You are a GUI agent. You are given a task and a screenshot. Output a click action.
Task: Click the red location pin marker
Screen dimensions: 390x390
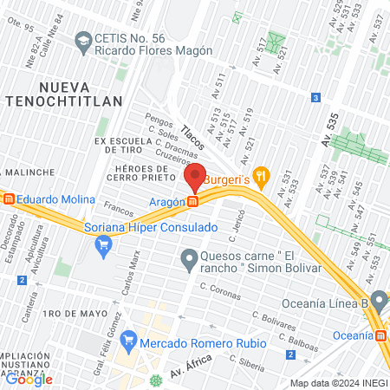pyautogui.click(x=196, y=176)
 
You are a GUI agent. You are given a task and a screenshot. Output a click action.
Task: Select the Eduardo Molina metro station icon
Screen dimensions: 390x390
pyautogui.click(x=9, y=198)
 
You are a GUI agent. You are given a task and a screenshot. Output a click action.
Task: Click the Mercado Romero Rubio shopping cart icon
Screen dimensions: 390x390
pyautogui.click(x=130, y=337)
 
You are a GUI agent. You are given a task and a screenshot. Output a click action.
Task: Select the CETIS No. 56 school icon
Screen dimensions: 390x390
pyautogui.click(x=82, y=40)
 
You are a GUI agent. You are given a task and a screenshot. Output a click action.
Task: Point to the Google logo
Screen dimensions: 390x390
pyautogui.click(x=29, y=379)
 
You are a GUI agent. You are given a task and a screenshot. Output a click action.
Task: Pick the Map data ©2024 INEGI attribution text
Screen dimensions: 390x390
pyautogui.click(x=338, y=383)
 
